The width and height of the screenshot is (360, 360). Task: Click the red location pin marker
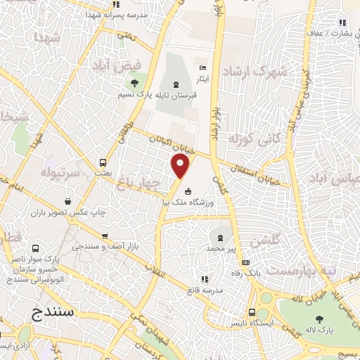(181, 167)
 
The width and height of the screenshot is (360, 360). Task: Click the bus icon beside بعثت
(104, 161)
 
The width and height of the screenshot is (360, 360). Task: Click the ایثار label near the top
(202, 79)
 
